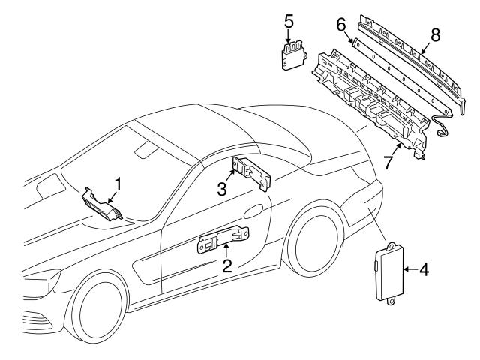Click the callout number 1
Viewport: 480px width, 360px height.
coord(117,183)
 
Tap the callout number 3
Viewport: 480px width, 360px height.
coord(222,188)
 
